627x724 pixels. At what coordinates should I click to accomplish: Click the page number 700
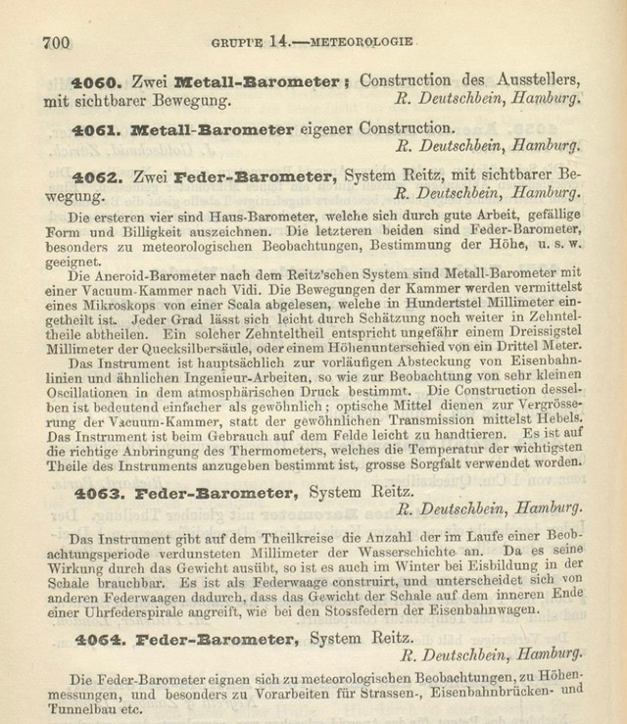(x=56, y=42)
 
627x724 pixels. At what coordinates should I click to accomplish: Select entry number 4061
(x=96, y=128)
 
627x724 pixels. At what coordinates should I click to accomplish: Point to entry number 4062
(x=96, y=176)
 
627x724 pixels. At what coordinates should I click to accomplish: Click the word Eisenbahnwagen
(x=484, y=609)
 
